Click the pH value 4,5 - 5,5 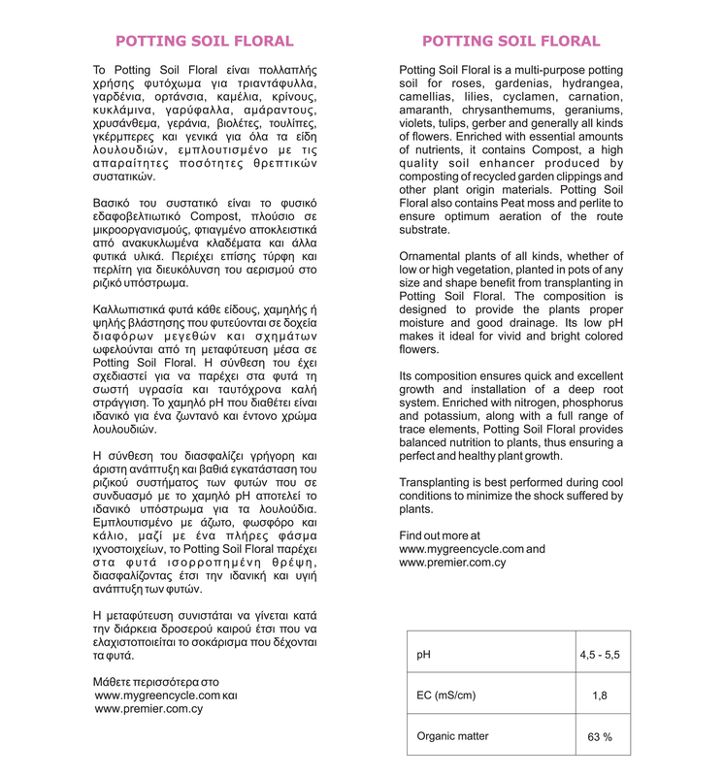coord(599,655)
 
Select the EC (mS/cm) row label coord(446,695)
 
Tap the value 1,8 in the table coord(599,695)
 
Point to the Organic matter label coord(452,736)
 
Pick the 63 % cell coord(599,737)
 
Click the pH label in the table coord(423,655)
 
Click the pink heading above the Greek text coord(204,41)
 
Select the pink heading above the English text coord(510,41)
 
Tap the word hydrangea coord(592,84)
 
